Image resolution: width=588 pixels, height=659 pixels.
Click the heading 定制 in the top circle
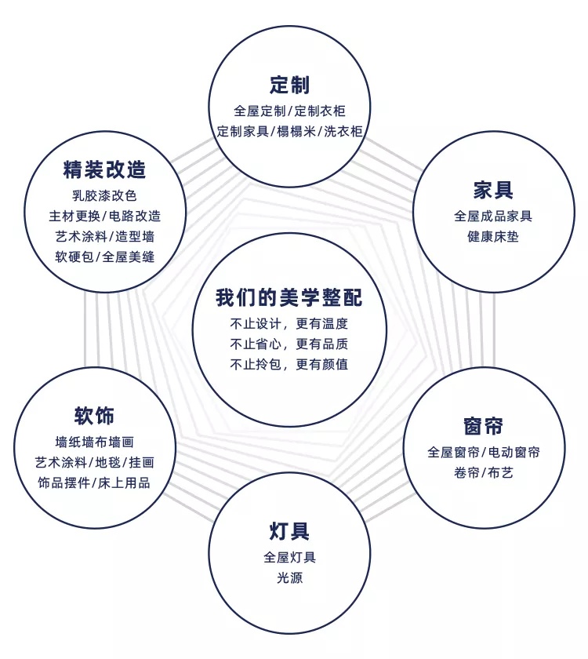point(290,85)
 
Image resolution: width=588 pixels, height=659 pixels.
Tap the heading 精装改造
point(104,169)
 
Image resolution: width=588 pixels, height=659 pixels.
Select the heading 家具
point(493,190)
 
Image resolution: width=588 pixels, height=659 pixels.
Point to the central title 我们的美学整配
point(289,297)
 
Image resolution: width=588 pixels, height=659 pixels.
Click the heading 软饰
point(94,416)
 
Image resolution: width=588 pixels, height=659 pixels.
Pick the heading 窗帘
point(484,426)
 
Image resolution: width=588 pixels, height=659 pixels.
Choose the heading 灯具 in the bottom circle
point(289,531)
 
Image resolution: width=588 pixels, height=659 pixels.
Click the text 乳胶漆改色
point(104,195)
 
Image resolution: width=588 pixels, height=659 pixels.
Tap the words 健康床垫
point(493,236)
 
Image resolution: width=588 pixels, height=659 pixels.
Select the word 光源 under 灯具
point(289,577)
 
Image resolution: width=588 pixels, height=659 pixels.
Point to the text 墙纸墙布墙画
point(95,442)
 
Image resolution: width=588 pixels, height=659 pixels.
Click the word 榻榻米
point(296,131)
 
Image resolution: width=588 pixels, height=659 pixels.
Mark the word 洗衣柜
point(343,131)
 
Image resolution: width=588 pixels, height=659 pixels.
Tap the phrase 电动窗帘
point(514,452)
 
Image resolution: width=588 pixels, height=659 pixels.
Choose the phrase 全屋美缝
point(129,257)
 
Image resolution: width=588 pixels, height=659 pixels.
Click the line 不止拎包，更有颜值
point(289,364)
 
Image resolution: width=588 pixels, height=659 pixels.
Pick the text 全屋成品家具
point(493,216)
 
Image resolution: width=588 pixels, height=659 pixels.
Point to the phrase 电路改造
point(135,216)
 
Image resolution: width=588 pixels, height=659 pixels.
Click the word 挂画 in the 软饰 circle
point(142,462)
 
